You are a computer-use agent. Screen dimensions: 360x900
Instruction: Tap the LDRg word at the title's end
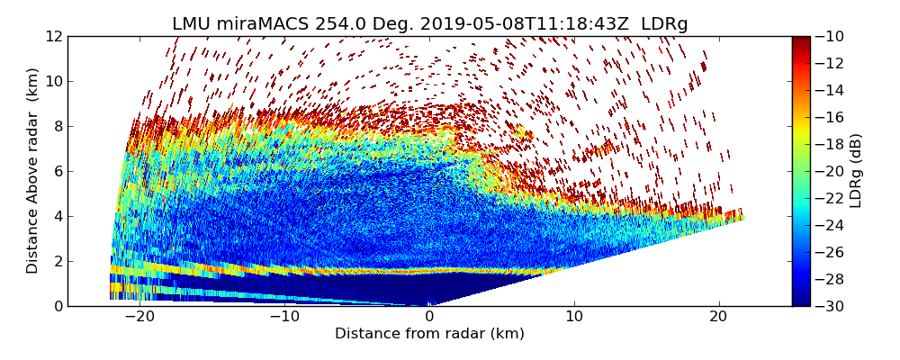(x=664, y=24)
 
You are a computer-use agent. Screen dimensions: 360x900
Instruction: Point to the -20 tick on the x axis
(x=139, y=317)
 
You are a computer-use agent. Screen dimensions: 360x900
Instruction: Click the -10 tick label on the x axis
(x=284, y=317)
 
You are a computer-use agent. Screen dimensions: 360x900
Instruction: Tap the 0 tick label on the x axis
(x=429, y=317)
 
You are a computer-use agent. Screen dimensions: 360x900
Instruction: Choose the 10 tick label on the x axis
(x=574, y=317)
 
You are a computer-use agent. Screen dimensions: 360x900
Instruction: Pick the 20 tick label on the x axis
(x=718, y=317)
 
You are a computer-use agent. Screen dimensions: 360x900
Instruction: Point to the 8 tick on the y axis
(x=58, y=126)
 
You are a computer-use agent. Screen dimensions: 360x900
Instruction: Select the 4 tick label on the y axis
(x=58, y=216)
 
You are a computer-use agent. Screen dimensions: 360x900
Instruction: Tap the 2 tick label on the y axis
(x=58, y=261)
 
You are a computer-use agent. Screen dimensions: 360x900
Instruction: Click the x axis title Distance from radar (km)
(x=429, y=334)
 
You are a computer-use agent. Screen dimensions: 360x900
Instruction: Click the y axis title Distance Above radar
(x=33, y=170)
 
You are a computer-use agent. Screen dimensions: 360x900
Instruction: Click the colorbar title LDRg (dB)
(x=856, y=170)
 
